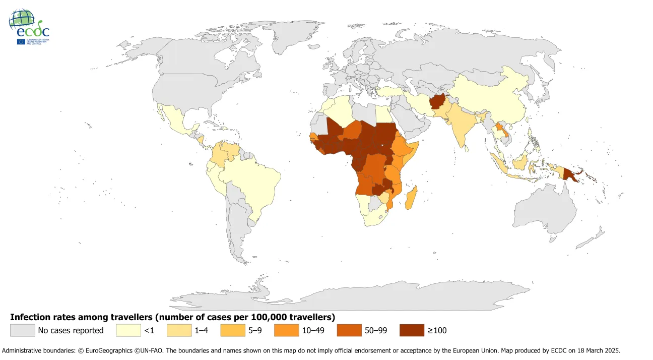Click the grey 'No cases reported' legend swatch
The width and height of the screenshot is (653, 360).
coord(23,330)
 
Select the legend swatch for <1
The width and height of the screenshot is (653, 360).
coord(128,330)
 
